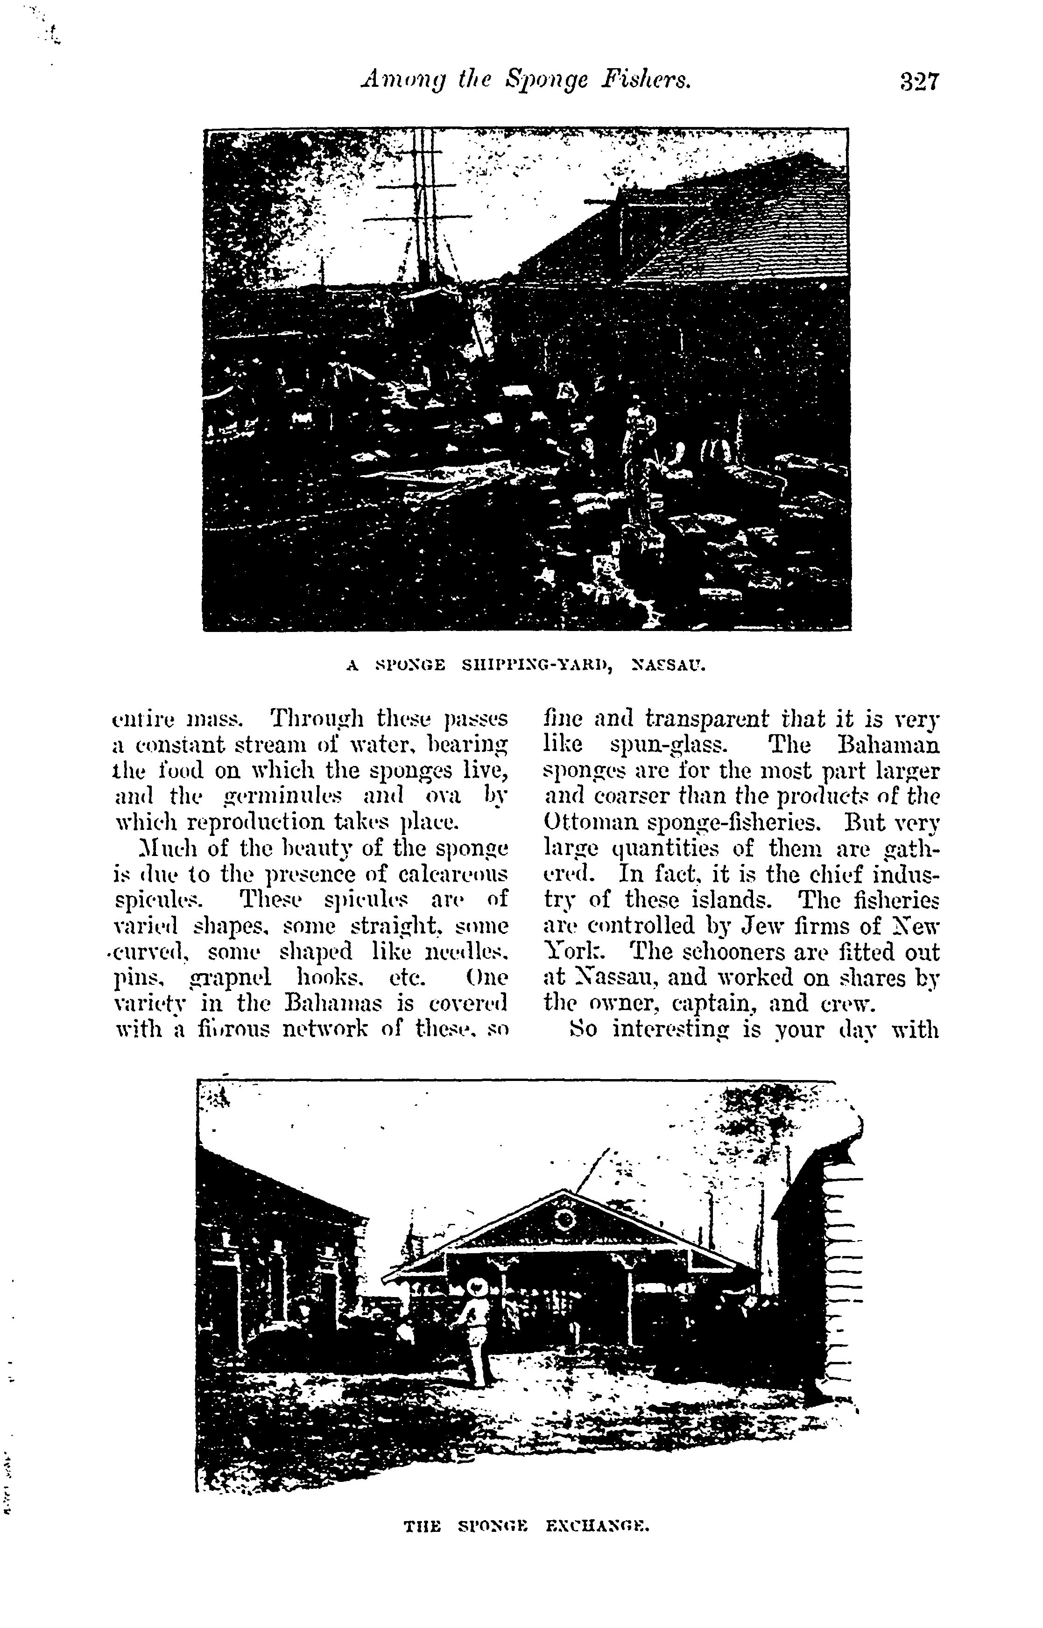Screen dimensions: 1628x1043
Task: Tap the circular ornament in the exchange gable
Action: (564, 1221)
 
